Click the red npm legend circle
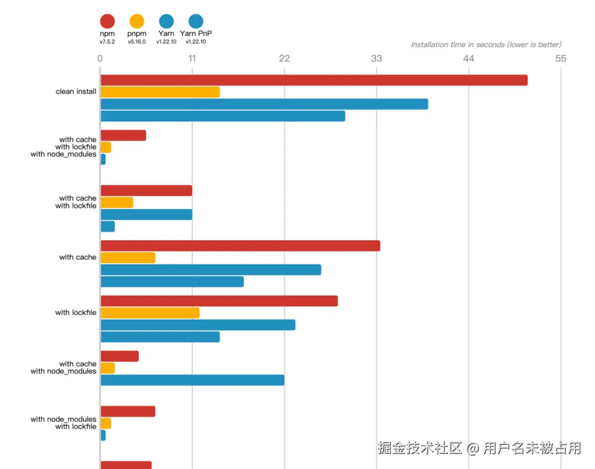coord(107,21)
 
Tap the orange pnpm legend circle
coord(137,21)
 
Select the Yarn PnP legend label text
coord(196,34)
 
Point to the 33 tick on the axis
coord(376,59)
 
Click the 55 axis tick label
coord(560,59)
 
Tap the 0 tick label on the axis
coord(100,59)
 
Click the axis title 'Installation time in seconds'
coord(486,45)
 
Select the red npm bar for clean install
coord(314,80)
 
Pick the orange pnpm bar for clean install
coord(160,92)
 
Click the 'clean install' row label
coord(76,92)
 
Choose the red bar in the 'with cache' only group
coord(240,246)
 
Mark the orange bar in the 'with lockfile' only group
coord(150,313)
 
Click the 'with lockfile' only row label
coord(76,312)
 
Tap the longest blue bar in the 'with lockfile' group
coord(198,325)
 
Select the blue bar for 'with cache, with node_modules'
coord(192,380)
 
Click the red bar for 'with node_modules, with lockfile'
coord(128,411)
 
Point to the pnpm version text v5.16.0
coord(137,41)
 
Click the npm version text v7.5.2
coord(107,41)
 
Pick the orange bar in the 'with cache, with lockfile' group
coord(117,202)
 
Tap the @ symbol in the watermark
coord(473,449)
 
